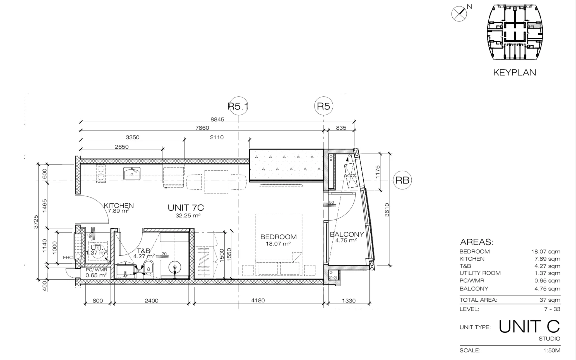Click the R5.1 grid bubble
[239, 106]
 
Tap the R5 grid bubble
[324, 106]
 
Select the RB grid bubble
[402, 180]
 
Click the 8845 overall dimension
[217, 119]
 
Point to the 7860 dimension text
[202, 128]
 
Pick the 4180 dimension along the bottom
[258, 301]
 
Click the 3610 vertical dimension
[387, 210]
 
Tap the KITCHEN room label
[119, 206]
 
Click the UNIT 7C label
[186, 208]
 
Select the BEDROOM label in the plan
[279, 237]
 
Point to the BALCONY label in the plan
[347, 234]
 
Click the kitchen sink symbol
[132, 173]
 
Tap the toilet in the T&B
[148, 267]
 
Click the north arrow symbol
[459, 13]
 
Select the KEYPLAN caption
[515, 73]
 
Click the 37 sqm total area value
[550, 300]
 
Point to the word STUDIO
[549, 338]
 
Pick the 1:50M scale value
[552, 350]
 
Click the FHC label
[68, 257]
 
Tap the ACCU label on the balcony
[351, 176]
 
